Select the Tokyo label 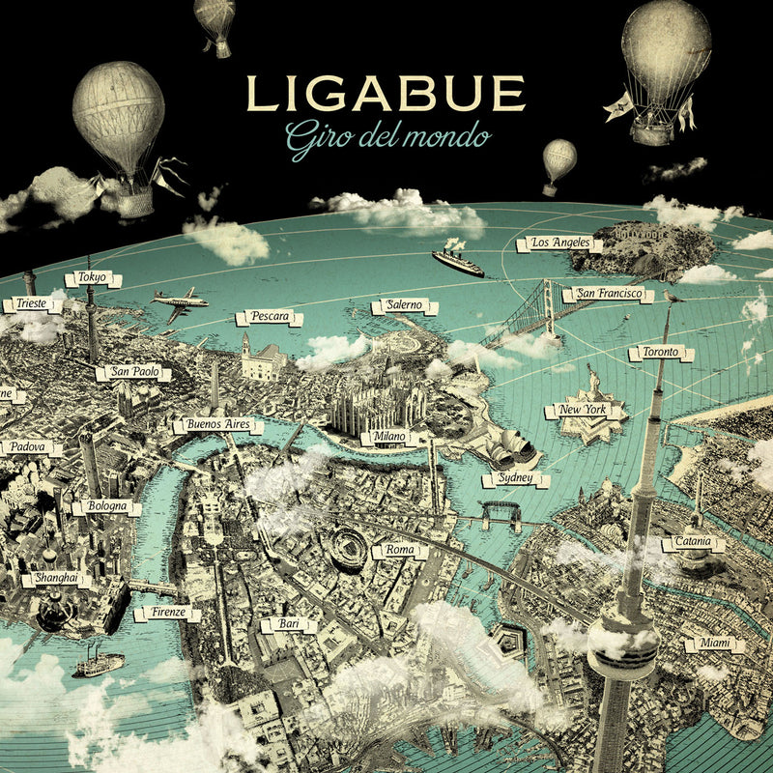(94, 279)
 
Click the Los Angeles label (559, 243)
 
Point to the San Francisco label (608, 293)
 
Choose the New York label (583, 411)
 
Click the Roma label (399, 550)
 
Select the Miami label (710, 644)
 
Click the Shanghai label (55, 580)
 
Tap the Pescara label (270, 317)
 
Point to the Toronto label (661, 353)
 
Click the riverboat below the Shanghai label (99, 664)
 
